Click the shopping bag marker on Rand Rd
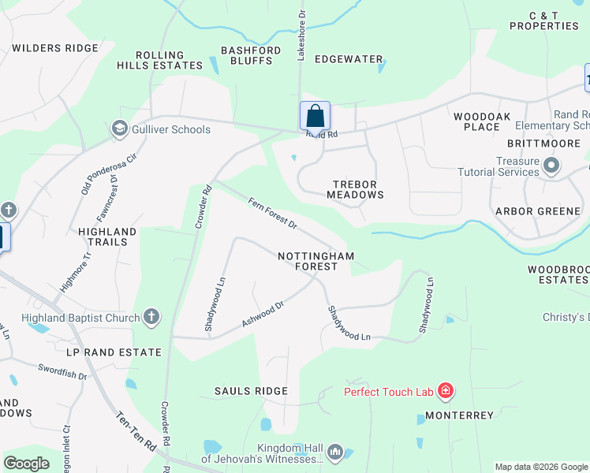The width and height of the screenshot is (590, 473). click(315, 116)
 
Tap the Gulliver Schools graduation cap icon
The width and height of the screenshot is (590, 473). click(120, 128)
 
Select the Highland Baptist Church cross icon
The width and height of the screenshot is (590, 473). click(151, 318)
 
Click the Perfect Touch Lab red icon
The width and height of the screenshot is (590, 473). click(446, 391)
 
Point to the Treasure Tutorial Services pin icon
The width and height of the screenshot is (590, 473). click(551, 166)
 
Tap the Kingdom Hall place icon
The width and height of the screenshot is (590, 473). click(335, 452)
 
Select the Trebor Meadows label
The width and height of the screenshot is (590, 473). click(355, 189)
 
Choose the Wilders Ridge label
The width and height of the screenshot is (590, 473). click(55, 48)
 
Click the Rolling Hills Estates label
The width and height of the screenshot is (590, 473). click(169, 60)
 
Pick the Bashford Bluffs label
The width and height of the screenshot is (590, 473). click(252, 56)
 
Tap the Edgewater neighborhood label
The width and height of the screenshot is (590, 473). click(349, 59)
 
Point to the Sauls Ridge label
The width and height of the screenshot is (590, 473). click(250, 391)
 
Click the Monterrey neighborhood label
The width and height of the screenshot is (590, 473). click(459, 415)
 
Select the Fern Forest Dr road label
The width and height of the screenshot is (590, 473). click(272, 214)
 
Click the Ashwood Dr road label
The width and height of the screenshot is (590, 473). click(262, 315)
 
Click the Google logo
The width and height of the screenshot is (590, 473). click(26, 464)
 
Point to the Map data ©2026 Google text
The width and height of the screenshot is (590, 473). click(540, 467)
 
